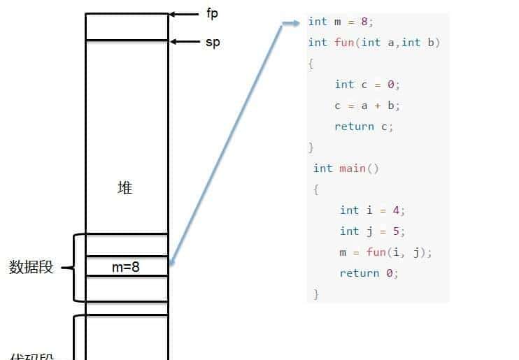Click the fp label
click(213, 14)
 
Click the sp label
click(213, 42)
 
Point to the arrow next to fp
click(185, 14)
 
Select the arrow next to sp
click(185, 42)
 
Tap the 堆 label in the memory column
click(125, 188)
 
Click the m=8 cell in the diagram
click(126, 266)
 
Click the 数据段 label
click(31, 267)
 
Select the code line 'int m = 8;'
click(341, 22)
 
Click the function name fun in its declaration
click(344, 43)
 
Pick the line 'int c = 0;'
click(367, 85)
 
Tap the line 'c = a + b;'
click(367, 106)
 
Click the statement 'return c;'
click(364, 127)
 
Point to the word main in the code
click(353, 168)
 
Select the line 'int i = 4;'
click(372, 210)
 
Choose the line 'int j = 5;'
click(372, 231)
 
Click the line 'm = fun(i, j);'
click(385, 252)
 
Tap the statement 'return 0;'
click(369, 273)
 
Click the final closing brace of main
click(316, 294)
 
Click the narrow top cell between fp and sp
click(127, 27)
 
